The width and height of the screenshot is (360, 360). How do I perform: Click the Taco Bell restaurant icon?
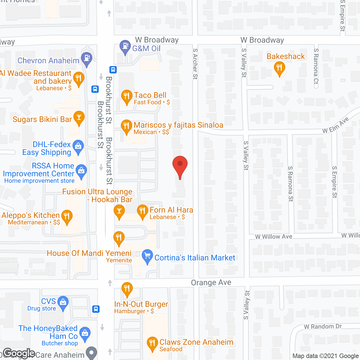[x=127, y=96]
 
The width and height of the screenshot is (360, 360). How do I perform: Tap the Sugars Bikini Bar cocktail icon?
[x=79, y=118]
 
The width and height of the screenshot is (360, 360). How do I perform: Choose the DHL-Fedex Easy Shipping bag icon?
[x=78, y=147]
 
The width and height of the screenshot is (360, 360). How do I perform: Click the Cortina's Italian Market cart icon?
[x=147, y=256]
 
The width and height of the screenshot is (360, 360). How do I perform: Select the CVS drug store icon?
[x=63, y=303]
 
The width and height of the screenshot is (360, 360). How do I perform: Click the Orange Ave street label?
[x=211, y=282]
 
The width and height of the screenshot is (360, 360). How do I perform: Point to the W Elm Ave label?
[x=336, y=125]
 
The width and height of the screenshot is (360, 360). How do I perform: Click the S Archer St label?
[x=195, y=64]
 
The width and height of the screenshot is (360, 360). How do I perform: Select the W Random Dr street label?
[x=323, y=327]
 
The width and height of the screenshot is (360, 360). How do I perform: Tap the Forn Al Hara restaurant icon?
[x=142, y=211]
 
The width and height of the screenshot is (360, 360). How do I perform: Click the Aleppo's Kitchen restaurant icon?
[x=67, y=217]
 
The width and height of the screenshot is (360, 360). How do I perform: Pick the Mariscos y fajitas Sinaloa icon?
[x=126, y=126]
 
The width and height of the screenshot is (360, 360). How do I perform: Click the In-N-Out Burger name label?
[x=141, y=304]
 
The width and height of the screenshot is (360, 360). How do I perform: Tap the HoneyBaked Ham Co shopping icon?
[x=85, y=333]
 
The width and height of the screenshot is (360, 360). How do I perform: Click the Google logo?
[x=19, y=353]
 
